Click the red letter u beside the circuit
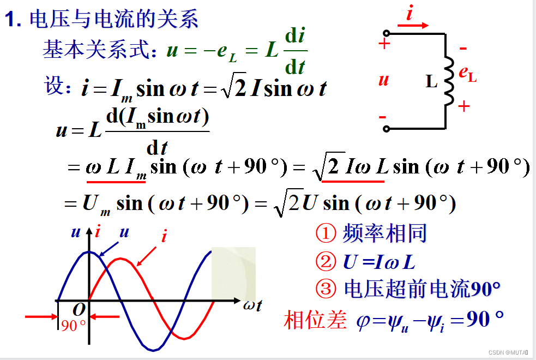(x=383, y=80)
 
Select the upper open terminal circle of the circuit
(x=387, y=33)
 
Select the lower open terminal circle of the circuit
(x=387, y=129)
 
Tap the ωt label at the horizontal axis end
(x=252, y=305)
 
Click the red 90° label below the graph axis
(x=73, y=326)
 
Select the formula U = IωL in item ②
(x=379, y=262)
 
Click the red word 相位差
(x=315, y=320)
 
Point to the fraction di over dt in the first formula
(x=295, y=52)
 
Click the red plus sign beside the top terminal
(x=384, y=44)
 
